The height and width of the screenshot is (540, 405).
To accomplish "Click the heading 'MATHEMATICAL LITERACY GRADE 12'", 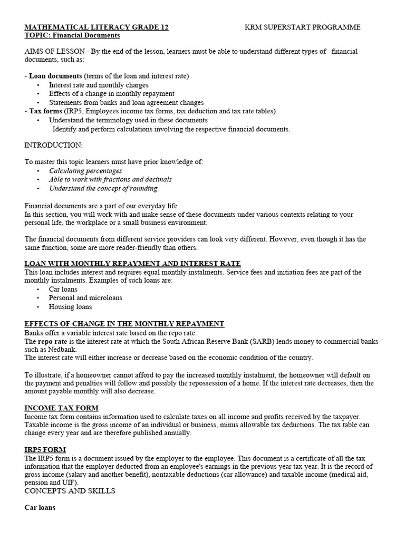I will click(97, 27).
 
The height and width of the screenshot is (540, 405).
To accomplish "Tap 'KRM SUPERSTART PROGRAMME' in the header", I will click(303, 27).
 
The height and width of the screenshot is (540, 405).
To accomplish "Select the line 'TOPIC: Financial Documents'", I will click(72, 35).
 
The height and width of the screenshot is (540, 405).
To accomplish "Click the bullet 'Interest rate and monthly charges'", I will click(99, 85).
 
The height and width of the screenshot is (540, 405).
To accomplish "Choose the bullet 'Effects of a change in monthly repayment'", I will click(111, 93).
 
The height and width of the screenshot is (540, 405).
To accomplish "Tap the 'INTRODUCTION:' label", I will click(53, 145).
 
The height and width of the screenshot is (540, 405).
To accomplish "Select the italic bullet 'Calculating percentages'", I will click(85, 170).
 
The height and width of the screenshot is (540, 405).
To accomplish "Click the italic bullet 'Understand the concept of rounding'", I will click(103, 188).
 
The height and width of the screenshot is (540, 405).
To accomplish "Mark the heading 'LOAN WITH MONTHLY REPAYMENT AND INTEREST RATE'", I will click(132, 263).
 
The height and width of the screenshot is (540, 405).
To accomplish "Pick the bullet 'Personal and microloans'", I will click(85, 298).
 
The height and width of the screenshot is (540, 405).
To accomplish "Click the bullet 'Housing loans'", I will click(70, 306).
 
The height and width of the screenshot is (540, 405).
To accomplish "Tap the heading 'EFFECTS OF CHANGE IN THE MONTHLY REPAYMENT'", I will click(124, 324).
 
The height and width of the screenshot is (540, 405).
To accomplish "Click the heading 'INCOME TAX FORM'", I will click(61, 408).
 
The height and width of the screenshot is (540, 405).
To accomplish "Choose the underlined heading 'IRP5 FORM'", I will click(45, 450).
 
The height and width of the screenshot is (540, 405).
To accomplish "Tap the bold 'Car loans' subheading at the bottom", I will click(40, 508).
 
